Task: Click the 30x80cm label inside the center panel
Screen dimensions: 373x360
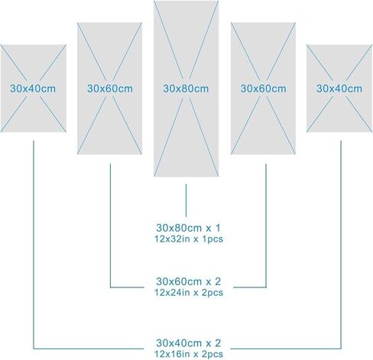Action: click(186, 89)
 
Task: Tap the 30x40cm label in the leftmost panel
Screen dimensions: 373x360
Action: click(33, 89)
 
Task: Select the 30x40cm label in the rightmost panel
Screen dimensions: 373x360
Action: click(339, 89)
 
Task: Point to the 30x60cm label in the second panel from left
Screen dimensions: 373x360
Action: click(110, 89)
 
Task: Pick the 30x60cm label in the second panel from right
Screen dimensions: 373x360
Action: click(263, 89)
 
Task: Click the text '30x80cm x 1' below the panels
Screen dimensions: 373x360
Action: click(188, 228)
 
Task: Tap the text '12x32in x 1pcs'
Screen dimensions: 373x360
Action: click(189, 239)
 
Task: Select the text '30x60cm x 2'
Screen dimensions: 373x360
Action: click(188, 281)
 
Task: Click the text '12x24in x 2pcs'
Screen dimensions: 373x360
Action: click(189, 293)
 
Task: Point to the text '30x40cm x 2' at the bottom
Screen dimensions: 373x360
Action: click(188, 343)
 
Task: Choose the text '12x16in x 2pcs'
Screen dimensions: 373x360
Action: click(189, 354)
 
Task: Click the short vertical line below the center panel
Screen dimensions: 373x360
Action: click(186, 200)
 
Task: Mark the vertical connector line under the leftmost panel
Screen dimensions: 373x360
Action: click(34, 245)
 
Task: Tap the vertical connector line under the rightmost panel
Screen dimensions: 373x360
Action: click(341, 245)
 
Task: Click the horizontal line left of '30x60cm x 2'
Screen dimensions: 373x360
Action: click(127, 287)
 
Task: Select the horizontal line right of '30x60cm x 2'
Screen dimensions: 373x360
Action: click(250, 287)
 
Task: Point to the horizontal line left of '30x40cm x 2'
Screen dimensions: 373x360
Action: click(89, 349)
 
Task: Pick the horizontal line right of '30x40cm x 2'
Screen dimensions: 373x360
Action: click(286, 349)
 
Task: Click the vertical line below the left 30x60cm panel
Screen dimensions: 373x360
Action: click(110, 225)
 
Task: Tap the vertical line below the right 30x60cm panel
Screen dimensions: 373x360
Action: click(266, 225)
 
